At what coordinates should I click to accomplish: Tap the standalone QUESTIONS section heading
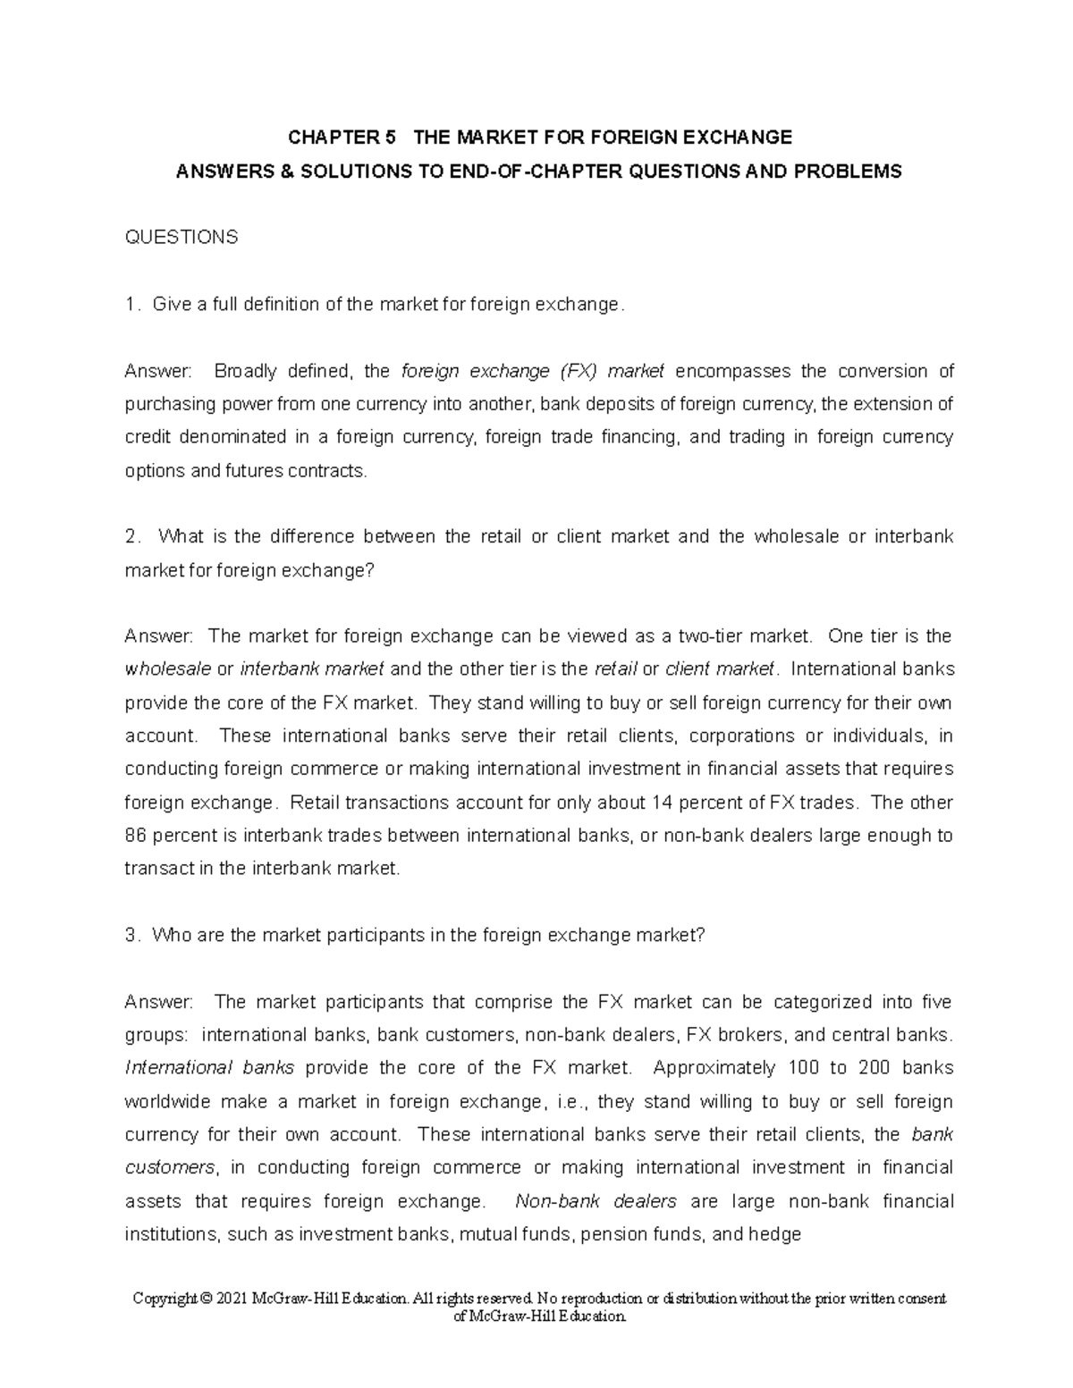click(182, 237)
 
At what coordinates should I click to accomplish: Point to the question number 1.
click(131, 305)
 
